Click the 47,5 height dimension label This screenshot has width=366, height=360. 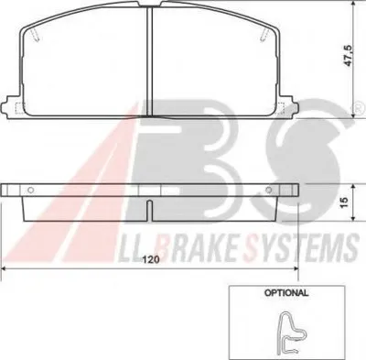click(x=349, y=56)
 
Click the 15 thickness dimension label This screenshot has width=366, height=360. click(x=344, y=202)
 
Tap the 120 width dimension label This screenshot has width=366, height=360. click(x=151, y=259)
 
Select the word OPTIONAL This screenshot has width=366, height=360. click(x=286, y=293)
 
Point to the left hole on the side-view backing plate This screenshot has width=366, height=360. click(x=30, y=190)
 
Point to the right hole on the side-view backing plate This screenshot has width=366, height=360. click(x=268, y=190)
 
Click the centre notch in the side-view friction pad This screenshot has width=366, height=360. click(x=149, y=211)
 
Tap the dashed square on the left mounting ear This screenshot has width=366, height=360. click(x=20, y=108)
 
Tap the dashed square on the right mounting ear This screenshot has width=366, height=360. click(x=279, y=108)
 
